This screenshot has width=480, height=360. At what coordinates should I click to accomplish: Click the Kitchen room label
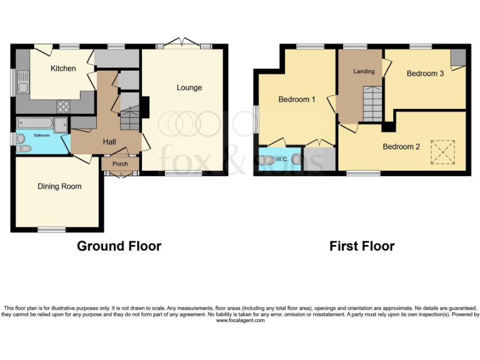pos(63,68)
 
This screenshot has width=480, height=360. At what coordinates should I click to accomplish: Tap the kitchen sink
pos(23,82)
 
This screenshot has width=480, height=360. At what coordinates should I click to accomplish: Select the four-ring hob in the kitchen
pos(63,106)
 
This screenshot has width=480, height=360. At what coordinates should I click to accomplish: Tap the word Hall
pos(109,142)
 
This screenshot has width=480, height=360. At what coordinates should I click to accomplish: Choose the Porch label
pos(119,164)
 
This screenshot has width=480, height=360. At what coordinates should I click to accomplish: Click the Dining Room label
pos(59,186)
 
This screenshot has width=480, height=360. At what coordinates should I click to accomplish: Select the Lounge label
pos(189,87)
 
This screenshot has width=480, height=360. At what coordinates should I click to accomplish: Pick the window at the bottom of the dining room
pos(51,229)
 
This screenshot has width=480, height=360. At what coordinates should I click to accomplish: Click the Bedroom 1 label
pos(296,99)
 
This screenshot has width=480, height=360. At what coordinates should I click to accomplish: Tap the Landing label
pos(364,71)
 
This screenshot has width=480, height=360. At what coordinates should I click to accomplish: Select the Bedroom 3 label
pos(425,73)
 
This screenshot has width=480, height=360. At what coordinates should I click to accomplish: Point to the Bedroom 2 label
pos(401,147)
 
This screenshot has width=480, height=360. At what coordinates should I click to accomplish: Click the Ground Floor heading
pos(119,246)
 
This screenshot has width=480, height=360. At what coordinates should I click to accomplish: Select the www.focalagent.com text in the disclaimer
pos(240,321)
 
